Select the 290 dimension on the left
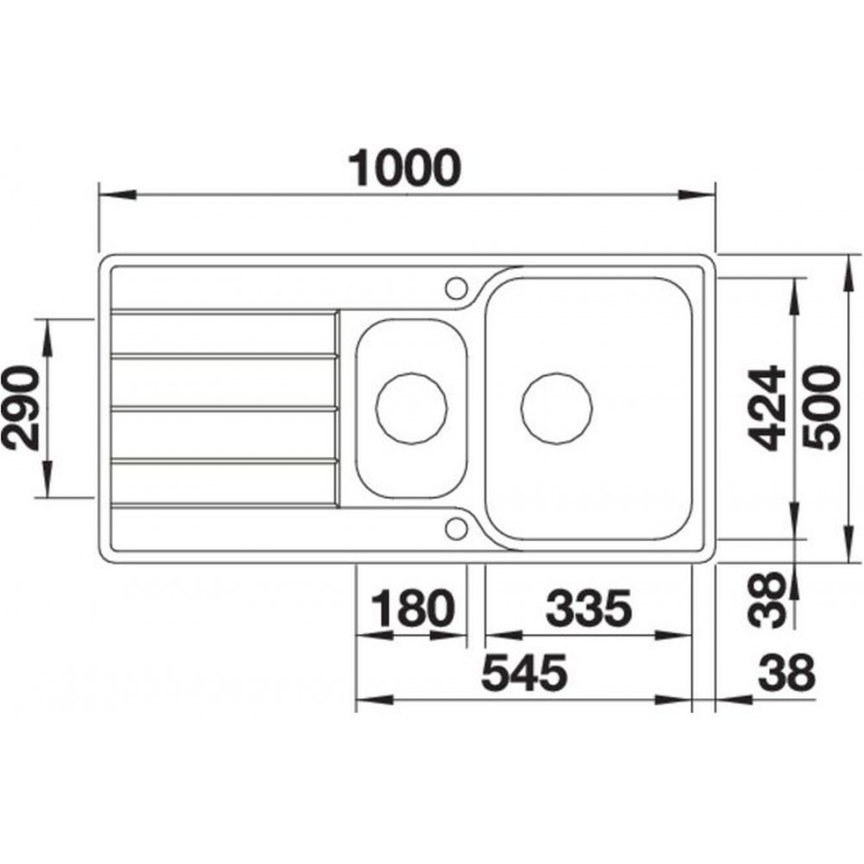pos(21,409)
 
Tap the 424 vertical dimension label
pos(766,409)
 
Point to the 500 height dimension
pos(822,409)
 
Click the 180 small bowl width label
pos(412,607)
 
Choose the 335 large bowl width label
pos(588,607)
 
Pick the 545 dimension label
pos(524,673)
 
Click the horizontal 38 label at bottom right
pos(786,673)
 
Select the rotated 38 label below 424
pos(766,600)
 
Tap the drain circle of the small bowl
pos(411,408)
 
